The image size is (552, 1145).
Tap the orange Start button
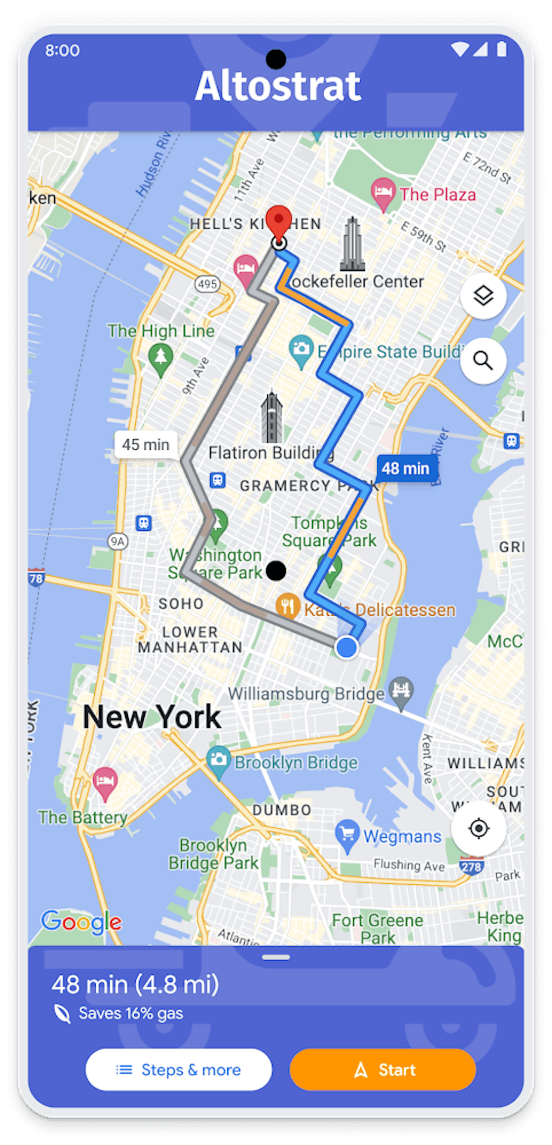[x=382, y=1070]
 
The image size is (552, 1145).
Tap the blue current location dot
[x=346, y=647]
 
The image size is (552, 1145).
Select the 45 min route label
[x=146, y=445]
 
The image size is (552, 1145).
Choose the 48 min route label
[x=405, y=469]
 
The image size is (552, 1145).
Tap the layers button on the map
[x=483, y=296]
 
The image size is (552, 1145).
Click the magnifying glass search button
[x=483, y=361]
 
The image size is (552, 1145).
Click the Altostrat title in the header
[x=278, y=86]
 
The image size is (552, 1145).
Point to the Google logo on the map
[x=81, y=922]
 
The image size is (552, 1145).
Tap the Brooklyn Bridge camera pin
[x=218, y=760]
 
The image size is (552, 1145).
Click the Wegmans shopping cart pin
[x=347, y=833]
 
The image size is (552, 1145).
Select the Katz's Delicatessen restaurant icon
[x=287, y=606]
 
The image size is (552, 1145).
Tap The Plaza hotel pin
[x=383, y=192]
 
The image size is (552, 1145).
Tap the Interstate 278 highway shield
[x=471, y=866]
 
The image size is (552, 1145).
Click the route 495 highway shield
[x=207, y=284]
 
